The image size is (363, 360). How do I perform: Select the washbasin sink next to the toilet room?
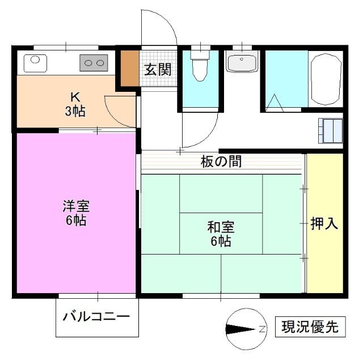pyautogui.click(x=242, y=61)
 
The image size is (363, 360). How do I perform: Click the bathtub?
pyautogui.click(x=326, y=80)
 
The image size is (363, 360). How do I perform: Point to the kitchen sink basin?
pyautogui.click(x=34, y=61)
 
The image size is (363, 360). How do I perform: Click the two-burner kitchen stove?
pyautogui.click(x=94, y=62)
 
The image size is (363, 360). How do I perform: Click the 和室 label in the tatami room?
pyautogui.click(x=220, y=228)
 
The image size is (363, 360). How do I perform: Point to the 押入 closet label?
pyautogui.click(x=324, y=224)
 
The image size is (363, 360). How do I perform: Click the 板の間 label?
pyautogui.click(x=221, y=162)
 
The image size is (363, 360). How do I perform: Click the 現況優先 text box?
pyautogui.click(x=310, y=327)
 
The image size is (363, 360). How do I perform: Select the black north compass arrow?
pyautogui.click(x=240, y=329)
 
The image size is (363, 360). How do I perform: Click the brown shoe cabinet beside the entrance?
pyautogui.click(x=129, y=69)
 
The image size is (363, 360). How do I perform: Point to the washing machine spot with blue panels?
pyautogui.click(x=330, y=130)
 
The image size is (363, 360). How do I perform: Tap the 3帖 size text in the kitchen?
pyautogui.click(x=74, y=111)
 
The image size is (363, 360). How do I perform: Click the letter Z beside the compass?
pyautogui.click(x=262, y=329)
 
